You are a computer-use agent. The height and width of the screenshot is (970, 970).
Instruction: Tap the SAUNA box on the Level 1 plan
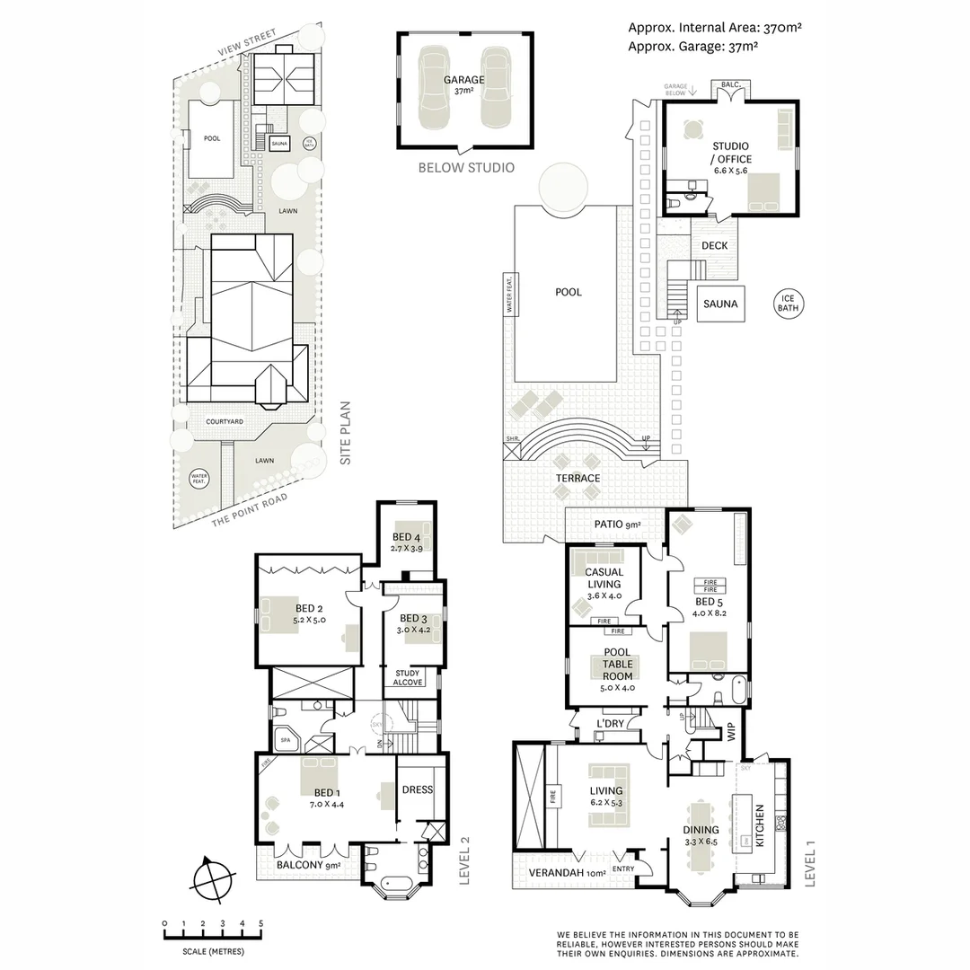point(720,304)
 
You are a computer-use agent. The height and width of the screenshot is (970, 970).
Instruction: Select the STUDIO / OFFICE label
point(731,153)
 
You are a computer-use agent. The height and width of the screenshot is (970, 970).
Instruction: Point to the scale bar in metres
point(213,935)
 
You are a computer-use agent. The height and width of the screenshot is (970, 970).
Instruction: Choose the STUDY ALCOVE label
point(409,677)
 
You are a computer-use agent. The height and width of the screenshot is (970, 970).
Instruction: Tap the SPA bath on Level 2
point(287,740)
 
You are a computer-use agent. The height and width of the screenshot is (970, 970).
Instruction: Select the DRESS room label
point(418,790)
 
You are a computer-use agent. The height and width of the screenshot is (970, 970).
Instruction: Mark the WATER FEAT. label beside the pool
point(508,295)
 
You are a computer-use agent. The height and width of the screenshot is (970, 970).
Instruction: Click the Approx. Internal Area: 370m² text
point(714,28)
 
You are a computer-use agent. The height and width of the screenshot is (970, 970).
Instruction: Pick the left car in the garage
point(433,90)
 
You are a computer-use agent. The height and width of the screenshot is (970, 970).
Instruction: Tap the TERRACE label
point(578,478)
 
